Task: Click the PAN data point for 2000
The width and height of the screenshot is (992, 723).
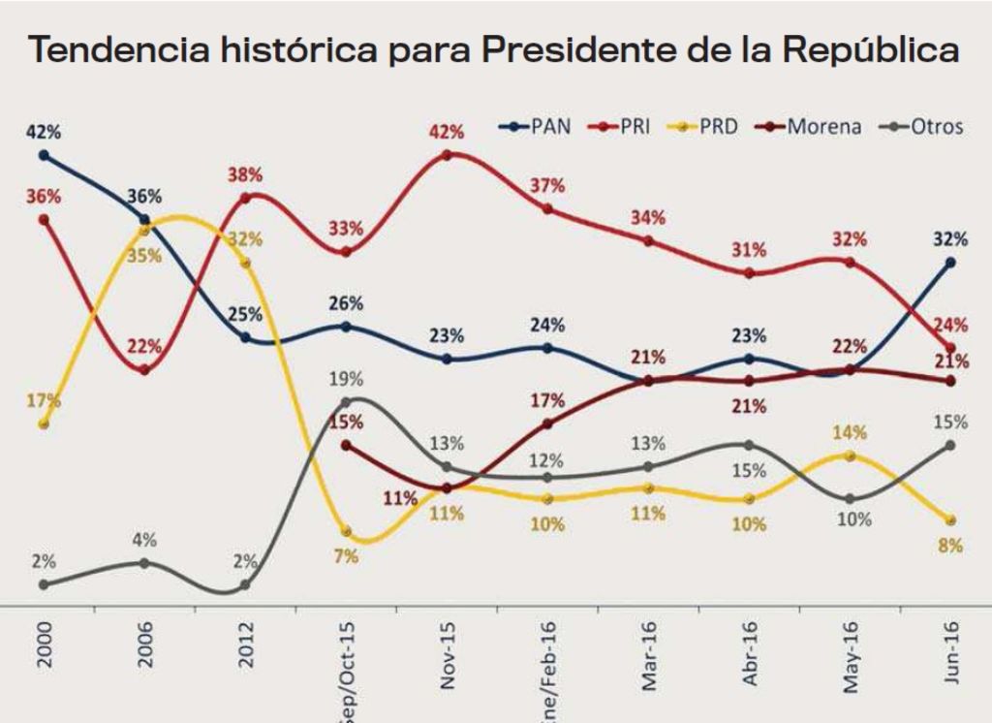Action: tap(44, 155)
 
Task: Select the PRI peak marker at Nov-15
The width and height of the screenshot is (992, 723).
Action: tap(447, 155)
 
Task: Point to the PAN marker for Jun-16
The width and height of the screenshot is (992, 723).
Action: tap(950, 262)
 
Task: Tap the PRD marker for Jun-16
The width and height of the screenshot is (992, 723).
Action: tap(950, 520)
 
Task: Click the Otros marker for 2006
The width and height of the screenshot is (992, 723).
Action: tap(144, 562)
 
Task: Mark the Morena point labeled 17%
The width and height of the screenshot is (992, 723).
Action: tap(547, 424)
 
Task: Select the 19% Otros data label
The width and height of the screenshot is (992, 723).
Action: tap(345, 378)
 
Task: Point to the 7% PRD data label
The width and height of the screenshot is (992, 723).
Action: tap(346, 555)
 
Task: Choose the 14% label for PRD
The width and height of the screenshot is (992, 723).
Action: tap(849, 433)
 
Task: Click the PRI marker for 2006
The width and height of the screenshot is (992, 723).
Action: tap(144, 369)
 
